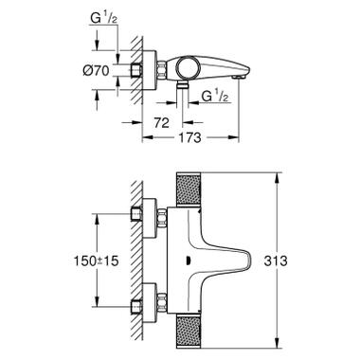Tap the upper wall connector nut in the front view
150,215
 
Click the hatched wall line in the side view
138,68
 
